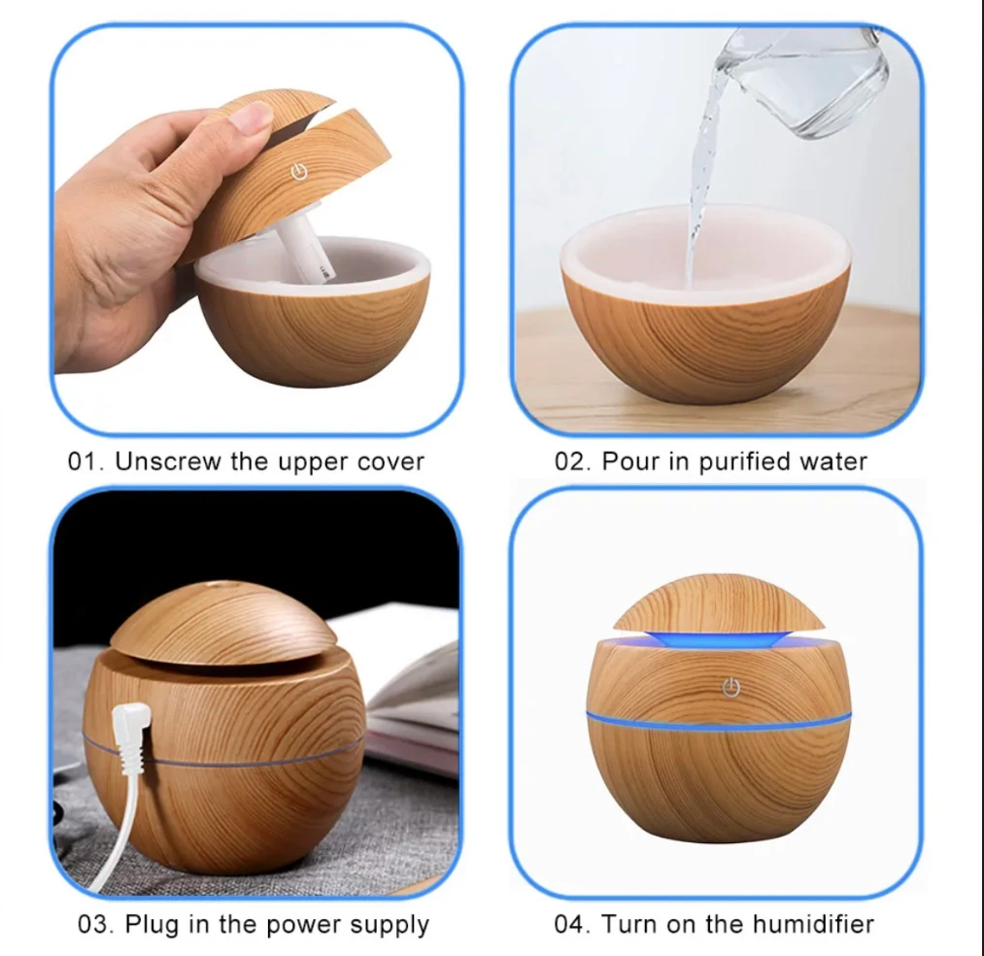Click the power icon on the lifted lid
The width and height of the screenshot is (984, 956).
(x=299, y=171)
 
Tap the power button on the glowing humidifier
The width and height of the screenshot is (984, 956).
(x=731, y=687)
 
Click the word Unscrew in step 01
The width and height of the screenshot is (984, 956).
(x=168, y=461)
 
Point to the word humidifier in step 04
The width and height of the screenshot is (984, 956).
(x=813, y=924)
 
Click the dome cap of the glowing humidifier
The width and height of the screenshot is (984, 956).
(x=719, y=602)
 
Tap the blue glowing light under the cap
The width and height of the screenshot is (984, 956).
(x=719, y=638)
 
